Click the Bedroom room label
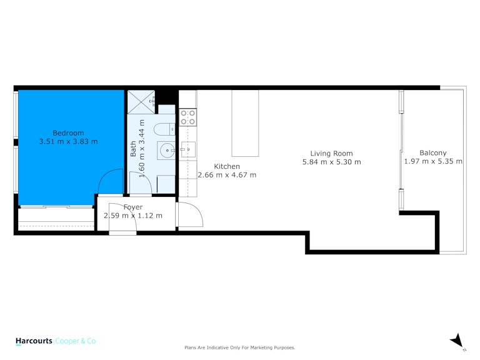pos(68,133)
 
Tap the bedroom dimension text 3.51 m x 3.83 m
pos(68,141)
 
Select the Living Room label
pos(331,153)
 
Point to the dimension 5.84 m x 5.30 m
pos(331,162)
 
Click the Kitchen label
pos(227,166)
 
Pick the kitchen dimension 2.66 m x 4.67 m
pos(227,175)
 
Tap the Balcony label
pos(433,153)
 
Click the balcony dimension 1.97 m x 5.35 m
pos(433,161)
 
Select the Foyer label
pos(133,207)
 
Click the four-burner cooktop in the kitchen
pos(187,117)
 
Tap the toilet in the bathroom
pos(164,129)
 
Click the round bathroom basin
pos(167,150)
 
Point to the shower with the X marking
pos(141,102)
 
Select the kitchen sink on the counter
pos(187,149)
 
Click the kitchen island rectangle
pos(245,123)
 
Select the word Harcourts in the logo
pos(34,341)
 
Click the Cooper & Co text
pos(75,341)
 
